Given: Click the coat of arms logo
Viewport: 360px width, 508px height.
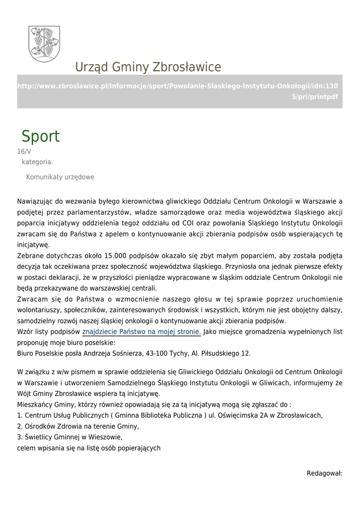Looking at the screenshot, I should pos(44,44).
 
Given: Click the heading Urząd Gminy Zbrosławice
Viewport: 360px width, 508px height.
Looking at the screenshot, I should pos(148,67).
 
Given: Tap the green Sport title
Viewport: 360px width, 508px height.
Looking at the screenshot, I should pos(40,136).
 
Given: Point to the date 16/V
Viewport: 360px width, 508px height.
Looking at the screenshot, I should pos(24,152).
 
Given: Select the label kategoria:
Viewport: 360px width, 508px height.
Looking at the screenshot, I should pos(37,162).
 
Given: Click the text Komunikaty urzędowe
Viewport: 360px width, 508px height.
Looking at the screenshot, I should pos(60,177).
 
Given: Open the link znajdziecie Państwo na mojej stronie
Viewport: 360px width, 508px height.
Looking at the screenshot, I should pos(141,332).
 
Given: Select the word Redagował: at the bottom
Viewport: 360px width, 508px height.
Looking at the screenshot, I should pos(325,473).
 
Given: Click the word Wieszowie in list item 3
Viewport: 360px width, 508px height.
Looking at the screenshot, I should pos(105,437).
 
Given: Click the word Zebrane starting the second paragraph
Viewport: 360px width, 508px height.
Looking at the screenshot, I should pos(30,255).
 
